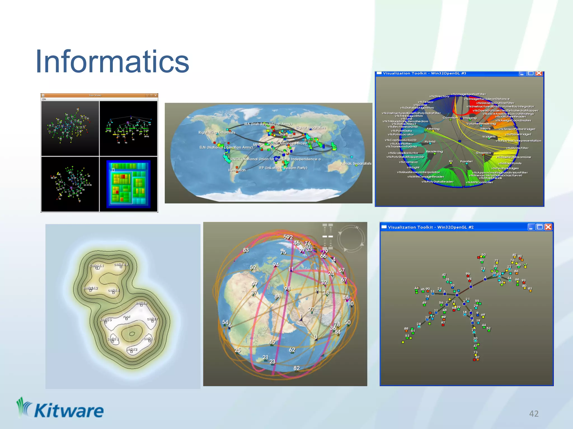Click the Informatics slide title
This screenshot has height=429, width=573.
tap(112, 62)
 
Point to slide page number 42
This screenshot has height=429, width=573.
tap(534, 414)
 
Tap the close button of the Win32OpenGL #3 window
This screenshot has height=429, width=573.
tap(539, 73)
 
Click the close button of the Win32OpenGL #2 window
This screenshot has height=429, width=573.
tap(548, 227)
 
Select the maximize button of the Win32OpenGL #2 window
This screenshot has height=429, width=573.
tap(540, 227)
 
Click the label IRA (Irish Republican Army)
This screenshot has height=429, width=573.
tap(267, 124)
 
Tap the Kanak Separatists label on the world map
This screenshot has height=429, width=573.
tap(356, 163)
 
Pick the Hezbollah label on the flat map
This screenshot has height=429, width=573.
tap(237, 170)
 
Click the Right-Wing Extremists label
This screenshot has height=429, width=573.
tap(217, 132)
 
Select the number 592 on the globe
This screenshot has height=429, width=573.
tap(288, 237)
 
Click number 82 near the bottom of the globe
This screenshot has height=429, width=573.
tap(297, 368)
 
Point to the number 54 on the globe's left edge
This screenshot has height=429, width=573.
tap(225, 322)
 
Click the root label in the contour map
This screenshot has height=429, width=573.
tap(127, 317)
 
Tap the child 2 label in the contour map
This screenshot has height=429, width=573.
tap(131, 349)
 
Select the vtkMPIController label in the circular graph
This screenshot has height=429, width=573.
tap(479, 182)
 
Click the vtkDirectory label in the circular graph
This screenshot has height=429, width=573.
tap(439, 96)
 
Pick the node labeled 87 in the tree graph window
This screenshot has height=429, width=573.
tap(477, 357)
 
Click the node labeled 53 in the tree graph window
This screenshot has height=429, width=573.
tap(407, 336)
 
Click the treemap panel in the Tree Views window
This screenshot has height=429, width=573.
tap(128, 184)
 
